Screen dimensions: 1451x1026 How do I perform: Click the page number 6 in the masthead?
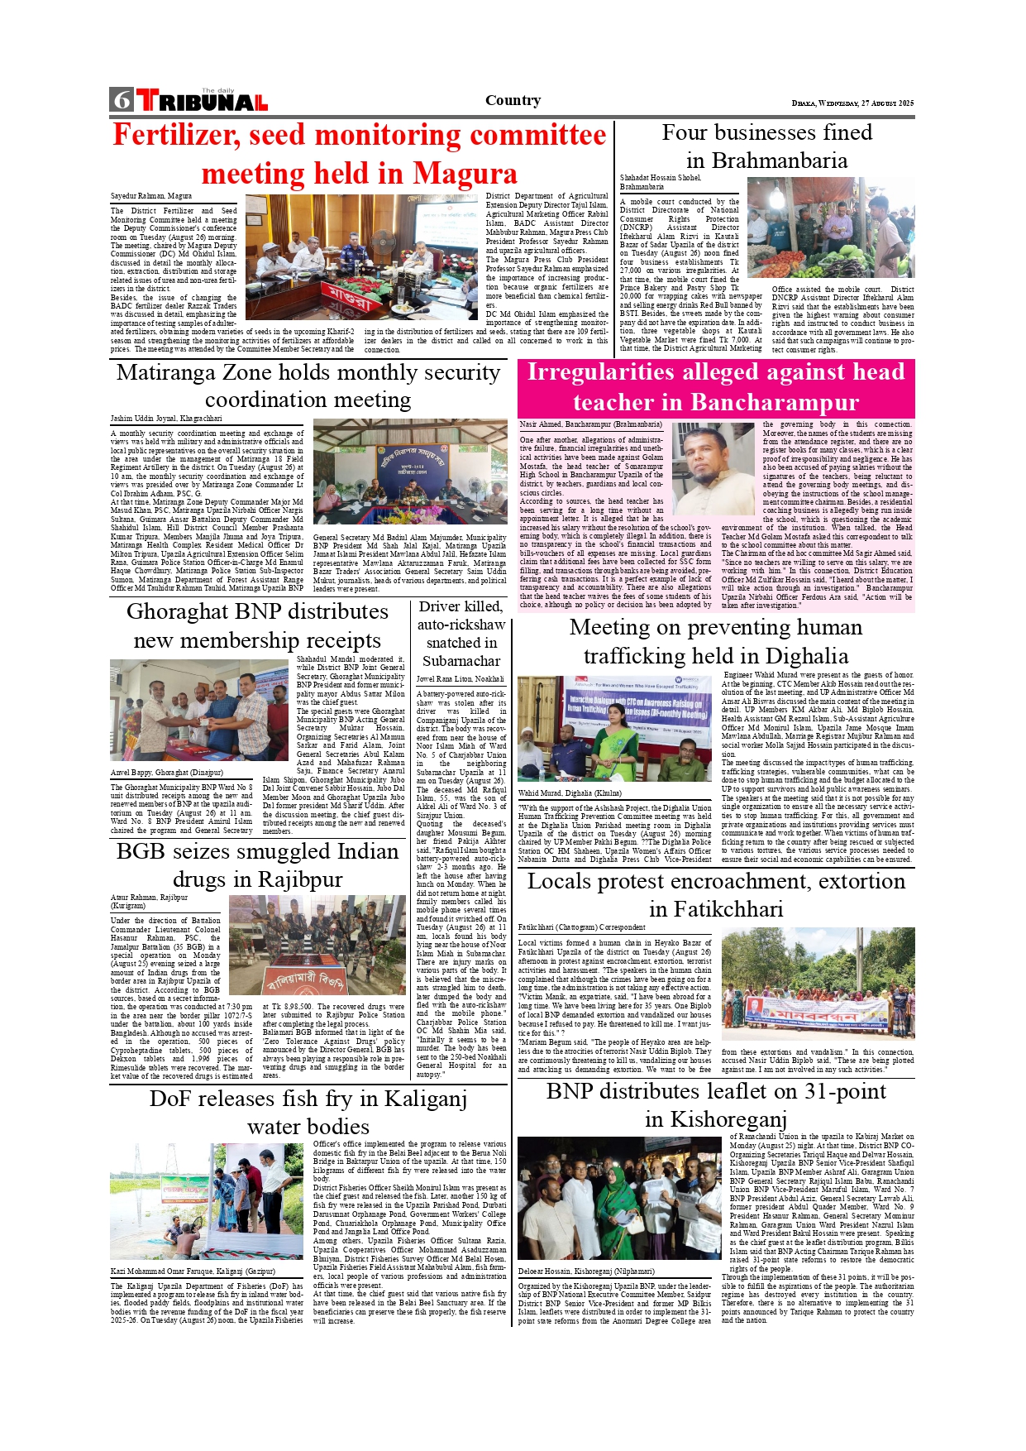click(x=122, y=100)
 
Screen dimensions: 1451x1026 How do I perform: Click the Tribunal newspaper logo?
click(x=203, y=101)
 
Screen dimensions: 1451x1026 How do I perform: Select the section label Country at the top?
click(x=513, y=100)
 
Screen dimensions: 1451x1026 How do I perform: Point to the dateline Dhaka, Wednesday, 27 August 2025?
click(x=852, y=103)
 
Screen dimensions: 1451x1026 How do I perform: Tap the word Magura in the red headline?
click(x=465, y=174)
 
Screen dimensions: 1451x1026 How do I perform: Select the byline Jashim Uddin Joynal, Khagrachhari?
click(x=166, y=419)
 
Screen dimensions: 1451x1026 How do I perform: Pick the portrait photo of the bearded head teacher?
click(x=713, y=469)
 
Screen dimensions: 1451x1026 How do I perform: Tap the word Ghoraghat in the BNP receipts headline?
click(x=185, y=611)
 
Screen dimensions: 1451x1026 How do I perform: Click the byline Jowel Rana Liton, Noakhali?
click(x=460, y=678)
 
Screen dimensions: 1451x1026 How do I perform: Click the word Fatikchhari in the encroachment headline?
click(x=716, y=909)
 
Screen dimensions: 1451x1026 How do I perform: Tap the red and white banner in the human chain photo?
click(x=816, y=1013)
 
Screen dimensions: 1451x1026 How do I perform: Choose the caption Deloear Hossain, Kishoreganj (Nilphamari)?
click(x=585, y=1271)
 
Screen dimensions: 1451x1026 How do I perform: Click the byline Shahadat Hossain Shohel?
click(x=660, y=178)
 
